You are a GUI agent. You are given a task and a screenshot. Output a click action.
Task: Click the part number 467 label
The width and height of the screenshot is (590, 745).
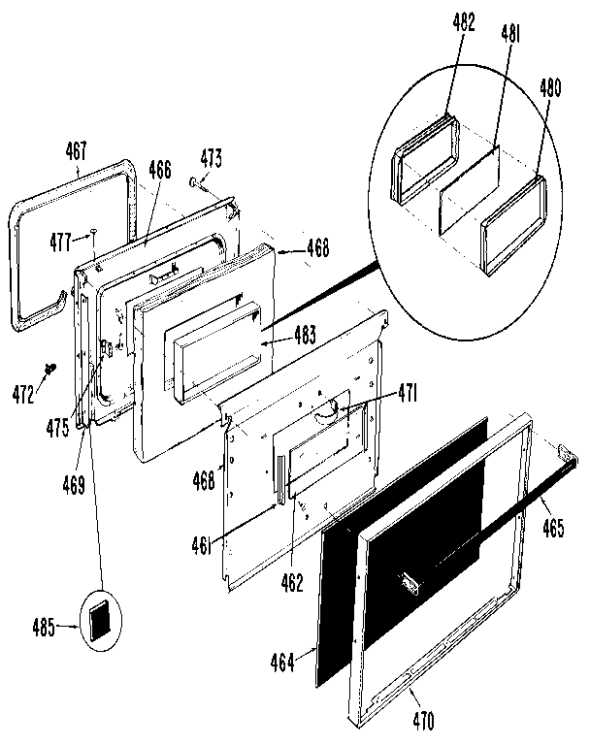[x=77, y=150]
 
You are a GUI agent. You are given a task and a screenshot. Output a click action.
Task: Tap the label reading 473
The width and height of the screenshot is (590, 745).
[x=212, y=158]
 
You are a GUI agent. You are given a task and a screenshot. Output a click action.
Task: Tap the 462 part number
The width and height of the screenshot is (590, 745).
[x=291, y=583]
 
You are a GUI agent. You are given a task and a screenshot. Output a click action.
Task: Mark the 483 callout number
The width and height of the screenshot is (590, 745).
[x=307, y=337]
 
